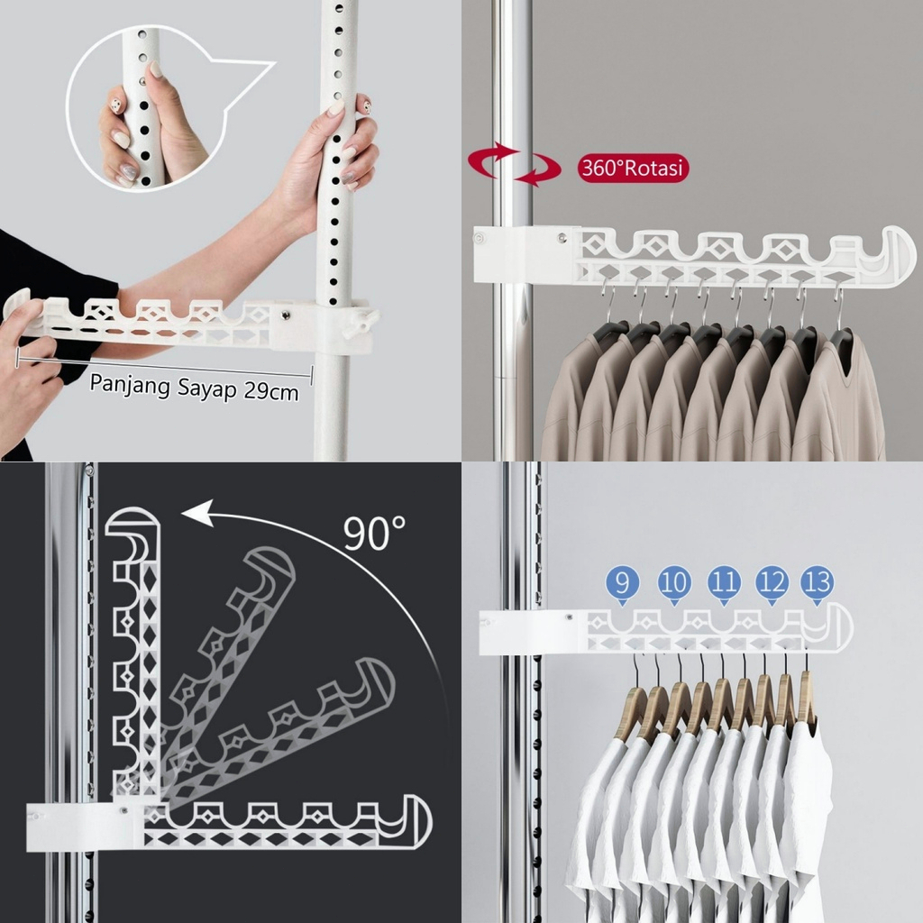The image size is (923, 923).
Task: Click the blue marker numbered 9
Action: [623, 583]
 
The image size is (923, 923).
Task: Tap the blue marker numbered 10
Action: [674, 583]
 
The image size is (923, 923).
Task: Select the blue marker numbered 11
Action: [724, 583]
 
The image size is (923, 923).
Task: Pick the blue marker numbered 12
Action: [772, 583]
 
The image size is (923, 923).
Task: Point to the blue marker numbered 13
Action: [818, 583]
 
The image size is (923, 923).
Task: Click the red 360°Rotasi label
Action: [633, 169]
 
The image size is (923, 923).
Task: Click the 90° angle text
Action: [374, 534]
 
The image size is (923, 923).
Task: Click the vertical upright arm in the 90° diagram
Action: [135, 649]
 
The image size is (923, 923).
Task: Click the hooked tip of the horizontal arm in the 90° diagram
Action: [410, 820]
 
